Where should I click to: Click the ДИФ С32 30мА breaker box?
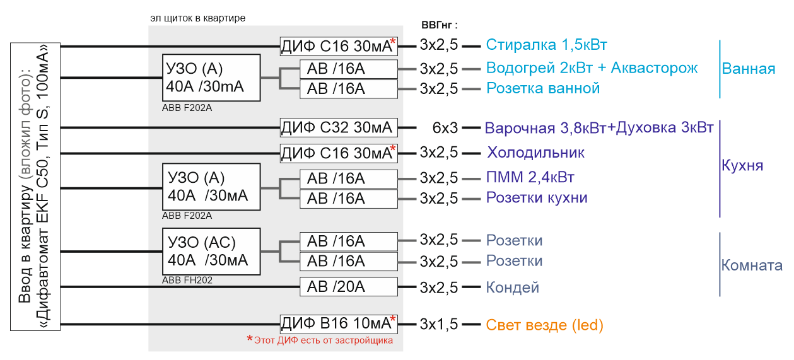point(339,127)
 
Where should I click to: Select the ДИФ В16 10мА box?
point(339,324)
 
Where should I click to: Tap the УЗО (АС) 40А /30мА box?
point(211,252)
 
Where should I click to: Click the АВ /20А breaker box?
point(349,287)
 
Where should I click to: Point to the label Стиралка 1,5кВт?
point(546,45)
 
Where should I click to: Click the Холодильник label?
point(535,153)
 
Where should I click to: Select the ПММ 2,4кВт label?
point(530,177)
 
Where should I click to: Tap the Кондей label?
point(512,287)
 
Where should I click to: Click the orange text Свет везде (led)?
point(544,325)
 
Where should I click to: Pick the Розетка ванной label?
point(543,88)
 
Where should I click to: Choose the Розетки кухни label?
point(537,198)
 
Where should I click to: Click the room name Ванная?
point(748,69)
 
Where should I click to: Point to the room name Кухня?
point(742,165)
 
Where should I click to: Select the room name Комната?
point(752,265)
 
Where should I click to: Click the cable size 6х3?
point(445,128)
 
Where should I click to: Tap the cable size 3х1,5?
point(439,324)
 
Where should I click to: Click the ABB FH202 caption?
point(187,281)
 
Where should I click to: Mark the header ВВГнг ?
point(439,25)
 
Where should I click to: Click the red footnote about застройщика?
point(320,340)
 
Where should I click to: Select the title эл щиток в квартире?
point(197,18)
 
